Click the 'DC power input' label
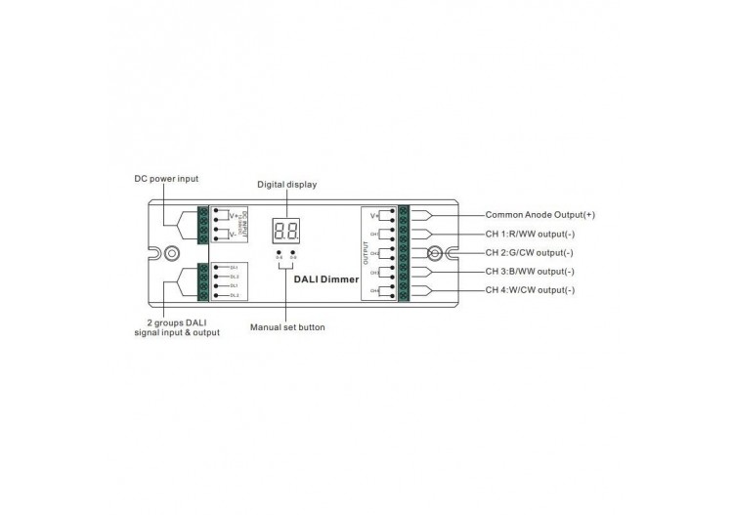(166, 179)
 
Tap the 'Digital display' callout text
(287, 184)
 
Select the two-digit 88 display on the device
(286, 232)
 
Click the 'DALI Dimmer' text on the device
(326, 279)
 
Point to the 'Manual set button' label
(287, 327)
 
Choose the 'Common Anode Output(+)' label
(539, 214)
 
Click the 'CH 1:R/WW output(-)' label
(530, 234)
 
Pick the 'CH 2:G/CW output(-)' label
(530, 252)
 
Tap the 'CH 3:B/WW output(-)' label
(530, 272)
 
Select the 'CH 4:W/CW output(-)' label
(530, 290)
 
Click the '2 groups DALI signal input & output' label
(177, 327)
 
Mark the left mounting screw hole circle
(172, 252)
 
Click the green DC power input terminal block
(202, 226)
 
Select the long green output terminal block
(403, 252)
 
